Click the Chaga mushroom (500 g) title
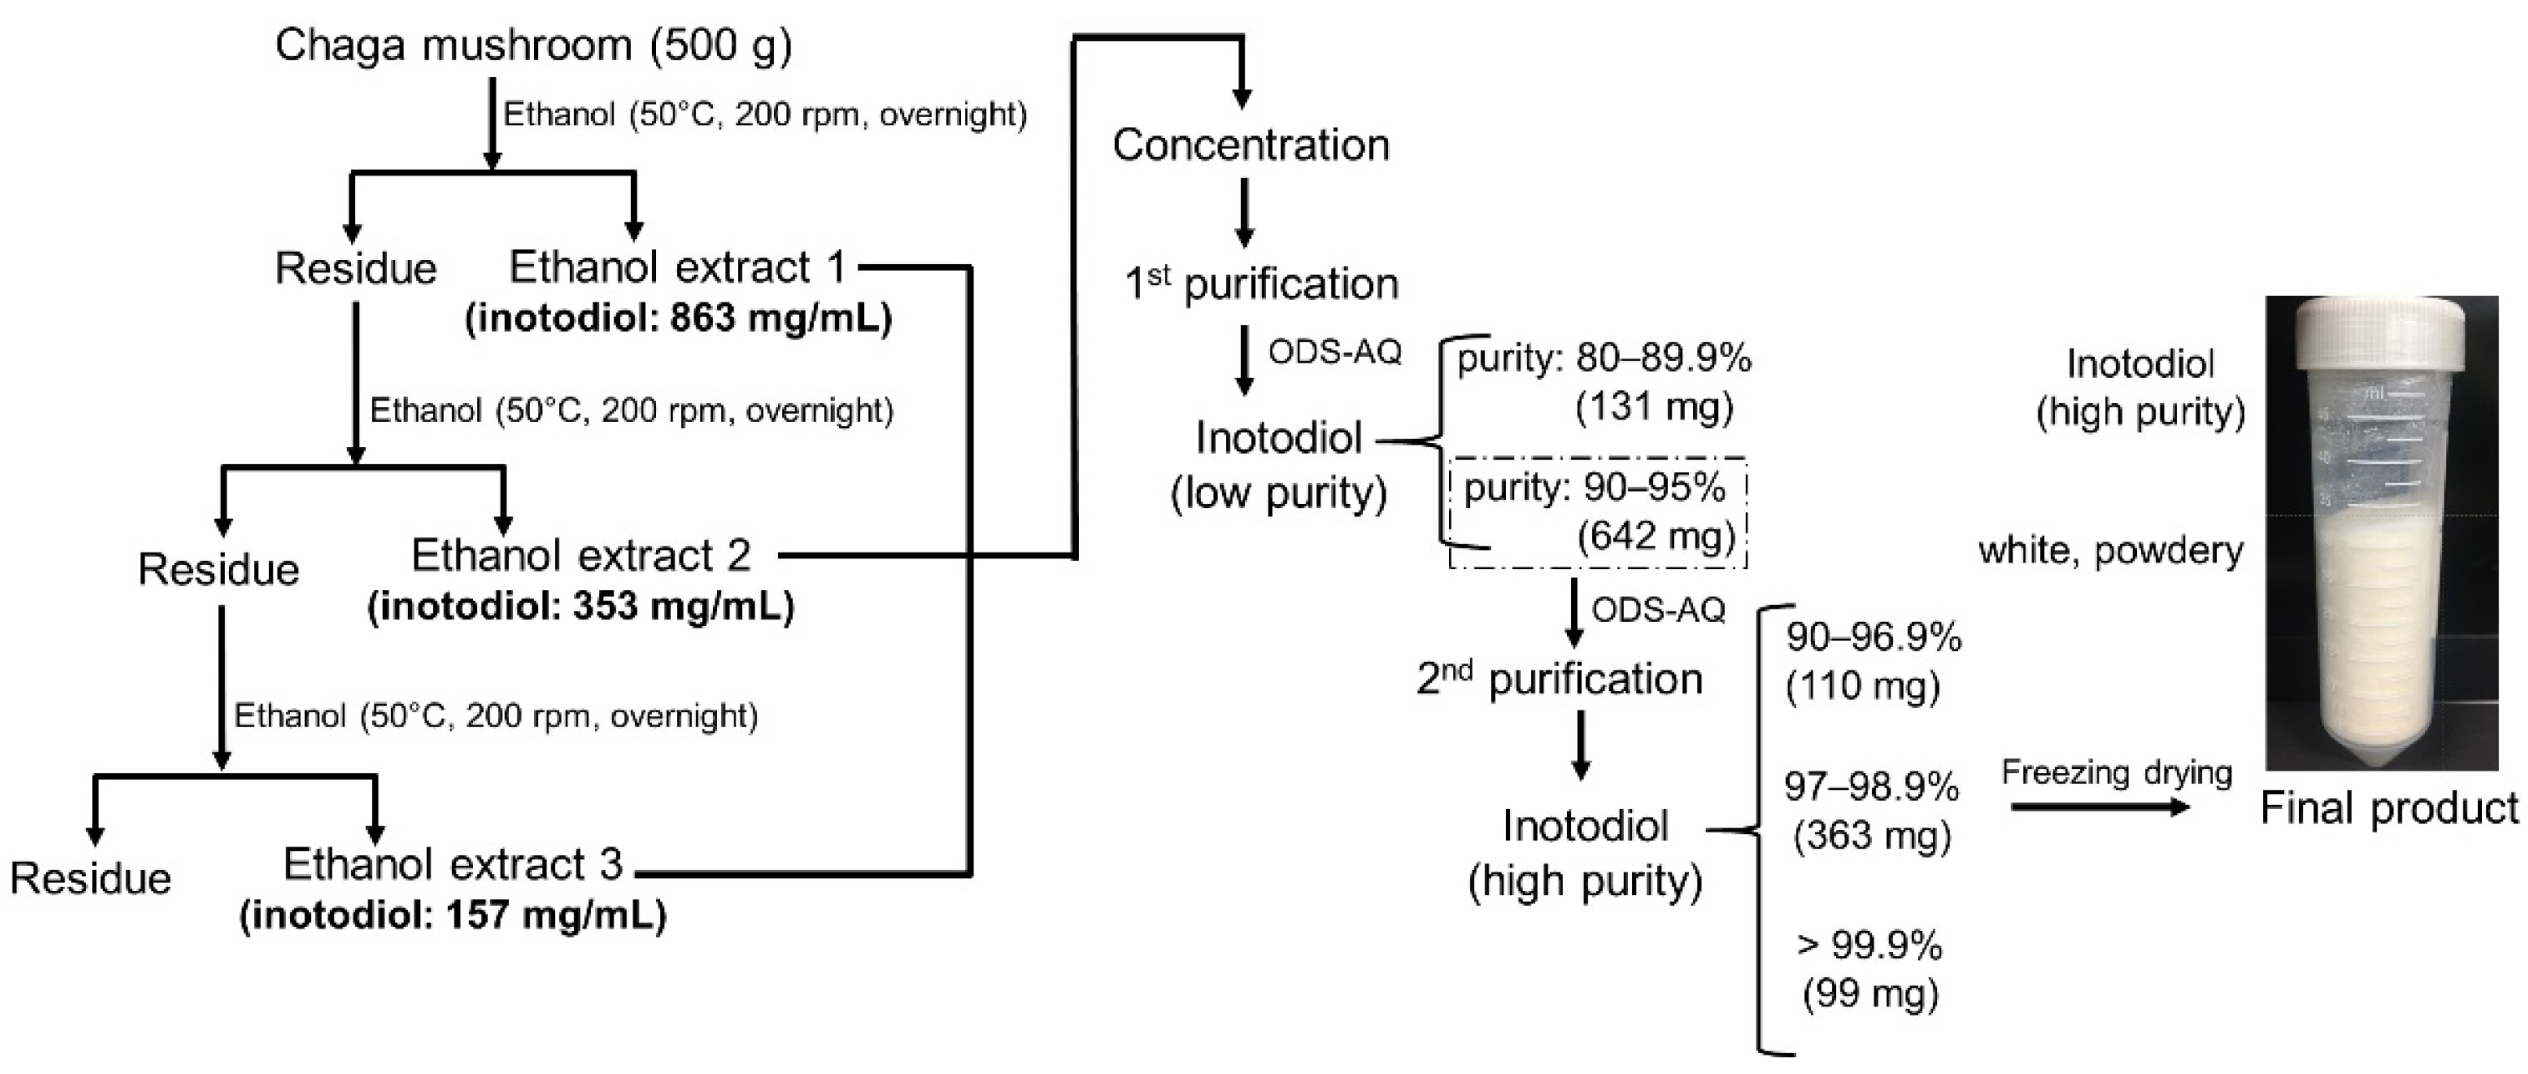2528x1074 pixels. click(x=533, y=45)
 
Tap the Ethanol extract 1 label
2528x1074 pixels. click(x=677, y=267)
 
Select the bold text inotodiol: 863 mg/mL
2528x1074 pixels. click(x=678, y=318)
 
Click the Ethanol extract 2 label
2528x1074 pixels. click(x=581, y=556)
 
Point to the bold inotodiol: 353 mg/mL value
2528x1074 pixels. click(x=581, y=606)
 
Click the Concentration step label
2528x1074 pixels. click(x=1250, y=145)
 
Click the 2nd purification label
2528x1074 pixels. click(x=1559, y=680)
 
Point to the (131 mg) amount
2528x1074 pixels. click(x=1655, y=406)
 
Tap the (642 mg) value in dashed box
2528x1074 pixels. click(x=1656, y=536)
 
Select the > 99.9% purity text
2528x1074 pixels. click(x=1869, y=945)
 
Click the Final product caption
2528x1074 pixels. click(x=2388, y=809)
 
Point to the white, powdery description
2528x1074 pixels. click(x=2111, y=551)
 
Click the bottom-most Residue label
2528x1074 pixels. click(x=90, y=878)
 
